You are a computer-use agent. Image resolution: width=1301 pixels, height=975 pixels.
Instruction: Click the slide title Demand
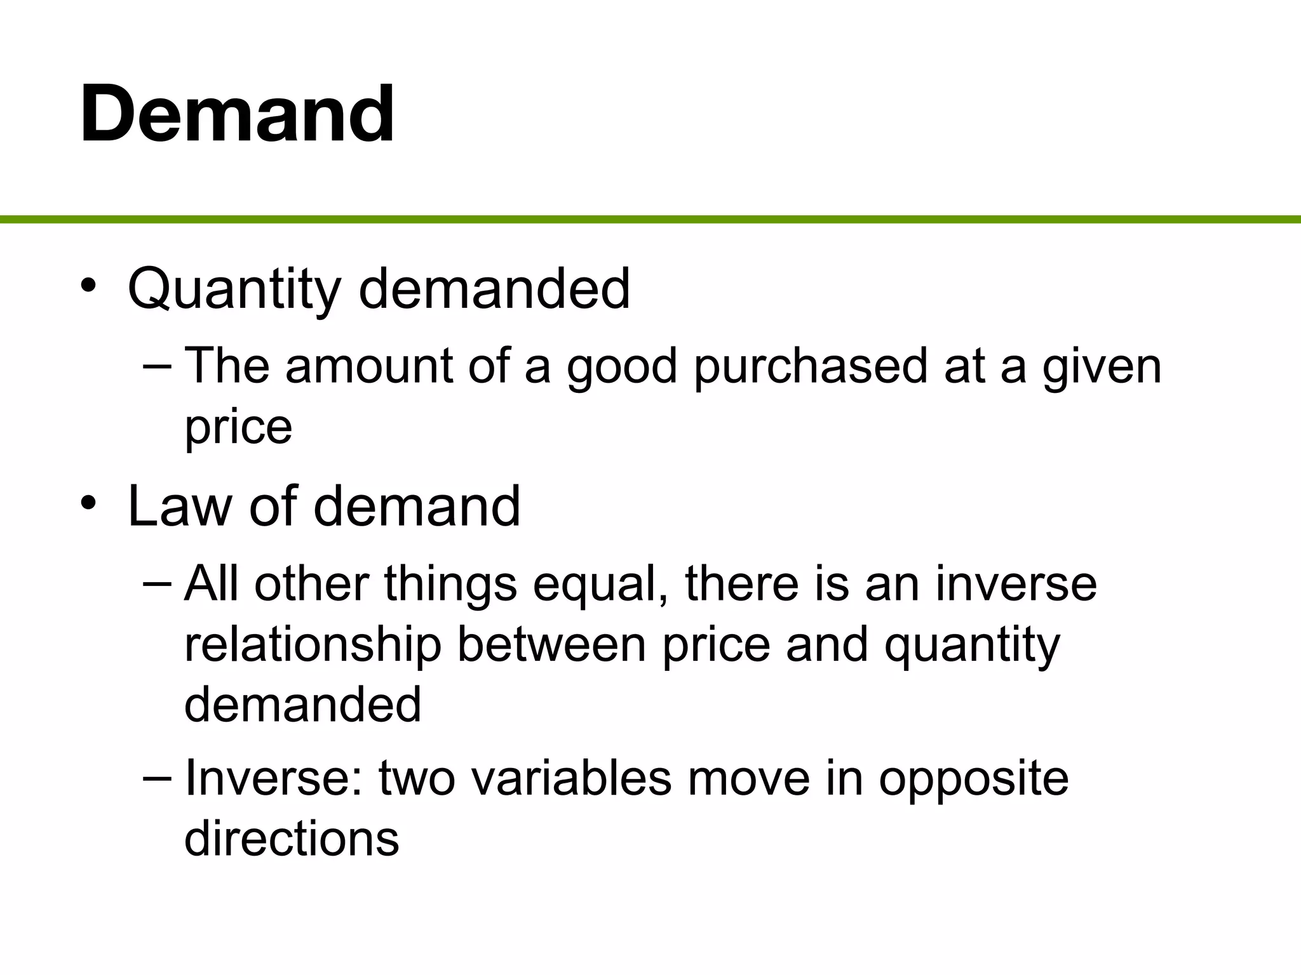[x=237, y=114]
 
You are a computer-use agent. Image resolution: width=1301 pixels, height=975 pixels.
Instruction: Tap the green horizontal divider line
[x=650, y=220]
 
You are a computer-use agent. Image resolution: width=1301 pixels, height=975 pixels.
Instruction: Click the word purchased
[x=811, y=367]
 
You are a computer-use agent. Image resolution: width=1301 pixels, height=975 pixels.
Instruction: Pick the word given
[x=1102, y=367]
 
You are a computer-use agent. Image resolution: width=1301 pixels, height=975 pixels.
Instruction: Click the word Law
[x=180, y=507]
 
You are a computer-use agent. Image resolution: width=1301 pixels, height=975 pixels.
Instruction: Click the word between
[x=551, y=644]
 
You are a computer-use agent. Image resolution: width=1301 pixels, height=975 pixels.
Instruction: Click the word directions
[x=292, y=839]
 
